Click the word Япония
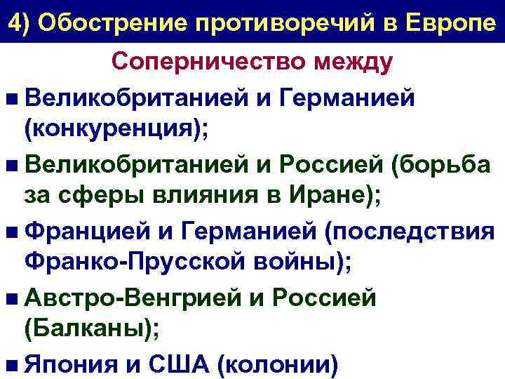click(x=78, y=364)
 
